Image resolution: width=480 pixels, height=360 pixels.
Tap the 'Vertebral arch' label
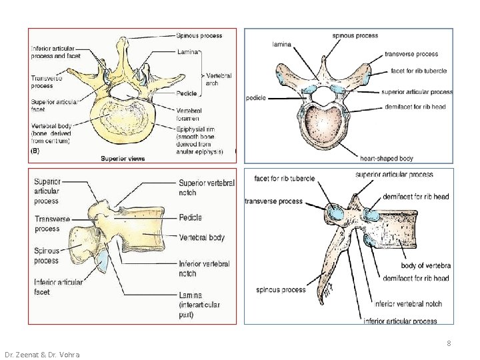coord(219,80)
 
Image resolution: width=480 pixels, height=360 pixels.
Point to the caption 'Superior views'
coord(123,159)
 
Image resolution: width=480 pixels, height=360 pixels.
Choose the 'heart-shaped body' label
coord(387,159)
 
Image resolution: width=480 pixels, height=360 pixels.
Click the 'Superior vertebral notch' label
coord(207,188)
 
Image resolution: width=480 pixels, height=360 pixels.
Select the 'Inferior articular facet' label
coord(59,287)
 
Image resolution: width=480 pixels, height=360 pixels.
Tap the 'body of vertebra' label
coord(425,266)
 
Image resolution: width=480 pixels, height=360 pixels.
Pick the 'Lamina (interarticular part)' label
coord(199,305)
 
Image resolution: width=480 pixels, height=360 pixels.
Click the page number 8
coord(449,343)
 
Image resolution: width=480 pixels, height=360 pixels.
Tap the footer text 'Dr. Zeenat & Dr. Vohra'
coord(42,355)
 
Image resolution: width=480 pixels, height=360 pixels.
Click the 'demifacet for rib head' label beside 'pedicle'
coord(417,107)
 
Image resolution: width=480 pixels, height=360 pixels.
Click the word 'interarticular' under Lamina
coord(199,305)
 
